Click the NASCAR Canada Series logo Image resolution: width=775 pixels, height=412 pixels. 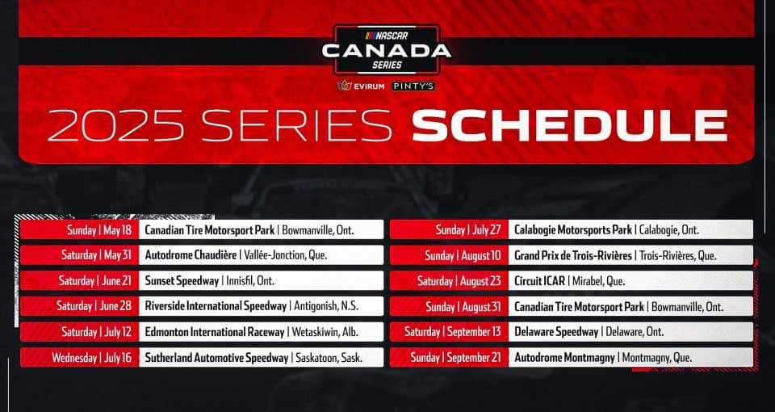pyautogui.click(x=387, y=49)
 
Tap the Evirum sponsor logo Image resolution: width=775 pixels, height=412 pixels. pyautogui.click(x=361, y=86)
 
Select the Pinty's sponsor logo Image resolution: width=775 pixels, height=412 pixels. pyautogui.click(x=413, y=86)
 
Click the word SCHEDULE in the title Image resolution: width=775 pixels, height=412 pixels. pyautogui.click(x=569, y=127)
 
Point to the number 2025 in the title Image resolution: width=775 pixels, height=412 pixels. pyautogui.click(x=115, y=127)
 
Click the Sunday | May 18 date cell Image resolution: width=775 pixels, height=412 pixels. pyautogui.click(x=79, y=230)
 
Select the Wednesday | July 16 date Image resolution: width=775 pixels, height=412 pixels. pyautogui.click(x=79, y=358)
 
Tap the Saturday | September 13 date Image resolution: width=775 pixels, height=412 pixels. pyautogui.click(x=449, y=332)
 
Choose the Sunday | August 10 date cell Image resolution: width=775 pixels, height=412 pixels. pyautogui.click(x=449, y=256)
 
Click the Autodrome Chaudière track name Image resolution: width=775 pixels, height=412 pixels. pyautogui.click(x=190, y=255)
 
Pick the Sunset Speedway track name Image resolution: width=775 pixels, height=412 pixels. pyautogui.click(x=182, y=281)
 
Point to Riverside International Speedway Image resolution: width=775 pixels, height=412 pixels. pyautogui.click(x=216, y=306)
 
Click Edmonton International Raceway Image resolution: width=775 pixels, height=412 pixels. pyautogui.click(x=215, y=332)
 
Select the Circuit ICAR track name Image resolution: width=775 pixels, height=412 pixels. pyautogui.click(x=539, y=281)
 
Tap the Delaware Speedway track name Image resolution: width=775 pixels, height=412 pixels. pyautogui.click(x=556, y=332)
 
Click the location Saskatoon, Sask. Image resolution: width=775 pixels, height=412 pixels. pyautogui.click(x=329, y=358)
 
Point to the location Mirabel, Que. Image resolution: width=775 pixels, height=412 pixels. pyautogui.click(x=598, y=281)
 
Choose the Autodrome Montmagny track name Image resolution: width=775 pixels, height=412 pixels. pyautogui.click(x=564, y=358)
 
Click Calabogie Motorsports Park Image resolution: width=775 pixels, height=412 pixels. pyautogui.click(x=573, y=230)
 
